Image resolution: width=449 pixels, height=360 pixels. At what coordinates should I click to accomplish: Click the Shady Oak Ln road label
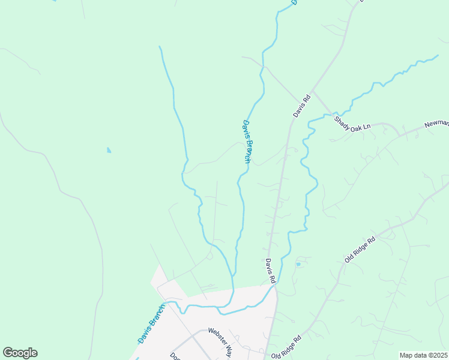tap(353, 124)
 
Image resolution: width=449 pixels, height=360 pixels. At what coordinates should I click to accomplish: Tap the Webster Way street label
tap(220, 341)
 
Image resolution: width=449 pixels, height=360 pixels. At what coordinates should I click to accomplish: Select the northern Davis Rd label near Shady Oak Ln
tap(301, 106)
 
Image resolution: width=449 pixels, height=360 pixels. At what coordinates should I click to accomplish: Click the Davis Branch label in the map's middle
tap(246, 142)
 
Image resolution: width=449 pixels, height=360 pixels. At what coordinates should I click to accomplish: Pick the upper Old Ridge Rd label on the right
tap(360, 249)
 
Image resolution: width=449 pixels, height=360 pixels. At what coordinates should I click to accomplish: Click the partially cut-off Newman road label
tap(436, 123)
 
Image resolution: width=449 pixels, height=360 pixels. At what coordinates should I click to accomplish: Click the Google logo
tap(20, 353)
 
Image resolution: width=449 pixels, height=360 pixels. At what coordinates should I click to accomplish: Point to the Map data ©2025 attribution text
tap(424, 355)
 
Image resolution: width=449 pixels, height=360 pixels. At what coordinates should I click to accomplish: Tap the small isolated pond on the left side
tap(109, 150)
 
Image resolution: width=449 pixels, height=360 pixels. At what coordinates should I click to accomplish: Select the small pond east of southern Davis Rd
tap(298, 263)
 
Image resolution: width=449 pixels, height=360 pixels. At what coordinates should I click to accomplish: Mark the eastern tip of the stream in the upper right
tap(438, 56)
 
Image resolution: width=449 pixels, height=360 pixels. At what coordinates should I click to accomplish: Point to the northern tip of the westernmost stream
tap(159, 46)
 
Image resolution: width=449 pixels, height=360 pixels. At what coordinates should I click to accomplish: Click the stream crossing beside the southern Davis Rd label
tap(274, 286)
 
